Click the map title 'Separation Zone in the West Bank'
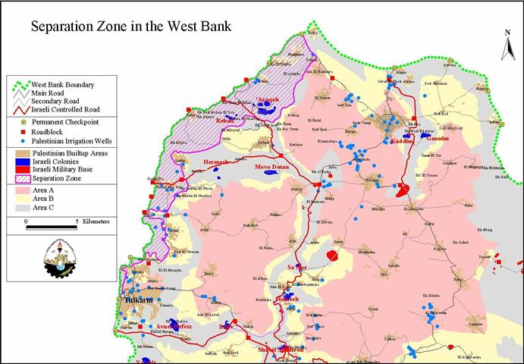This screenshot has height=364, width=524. pos(130,27)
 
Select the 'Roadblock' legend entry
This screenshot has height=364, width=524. pos(52,130)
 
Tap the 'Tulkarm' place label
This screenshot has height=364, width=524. pos(136,300)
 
